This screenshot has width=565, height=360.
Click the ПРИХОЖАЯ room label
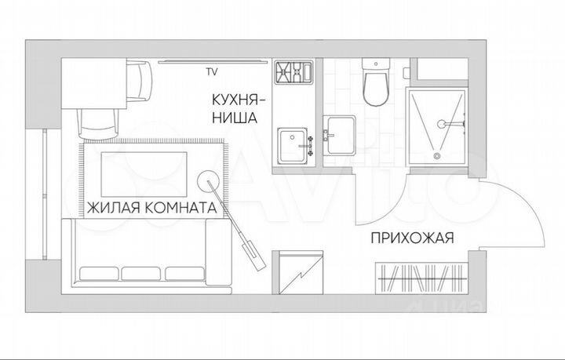(411, 239)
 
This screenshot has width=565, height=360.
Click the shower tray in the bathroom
(436, 125)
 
